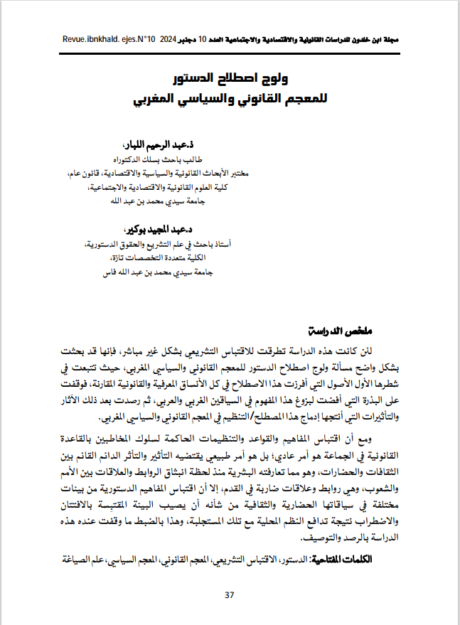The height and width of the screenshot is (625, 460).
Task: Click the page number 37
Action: [x=229, y=595]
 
